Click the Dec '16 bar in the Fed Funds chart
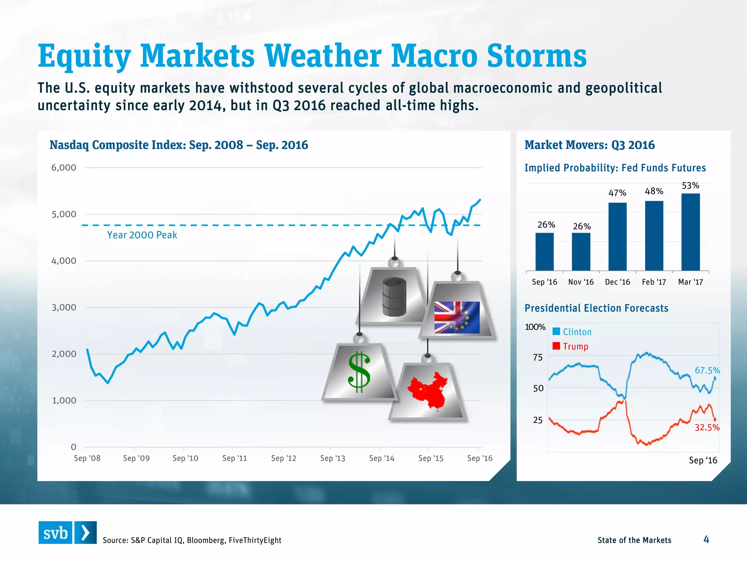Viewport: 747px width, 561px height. coord(617,237)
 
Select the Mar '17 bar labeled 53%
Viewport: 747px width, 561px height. coord(690,232)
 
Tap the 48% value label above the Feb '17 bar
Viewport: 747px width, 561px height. coord(654,191)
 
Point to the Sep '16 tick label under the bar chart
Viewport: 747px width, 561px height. coord(544,282)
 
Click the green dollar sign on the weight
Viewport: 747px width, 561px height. coord(359,372)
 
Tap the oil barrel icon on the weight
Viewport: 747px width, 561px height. coord(394,297)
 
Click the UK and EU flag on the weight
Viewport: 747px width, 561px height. coord(457,317)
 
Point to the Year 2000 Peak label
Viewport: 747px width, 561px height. coord(142,235)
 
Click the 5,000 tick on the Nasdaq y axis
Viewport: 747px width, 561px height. coord(64,214)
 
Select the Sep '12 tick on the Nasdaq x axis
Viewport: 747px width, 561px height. coord(283,458)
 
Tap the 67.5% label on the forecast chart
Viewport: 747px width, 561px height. coord(707,370)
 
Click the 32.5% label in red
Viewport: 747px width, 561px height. coord(707,427)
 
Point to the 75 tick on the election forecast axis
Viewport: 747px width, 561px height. coord(538,358)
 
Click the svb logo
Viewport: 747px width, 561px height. coord(67,533)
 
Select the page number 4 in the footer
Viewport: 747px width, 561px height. coord(706,539)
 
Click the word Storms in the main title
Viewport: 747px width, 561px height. coord(537,56)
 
